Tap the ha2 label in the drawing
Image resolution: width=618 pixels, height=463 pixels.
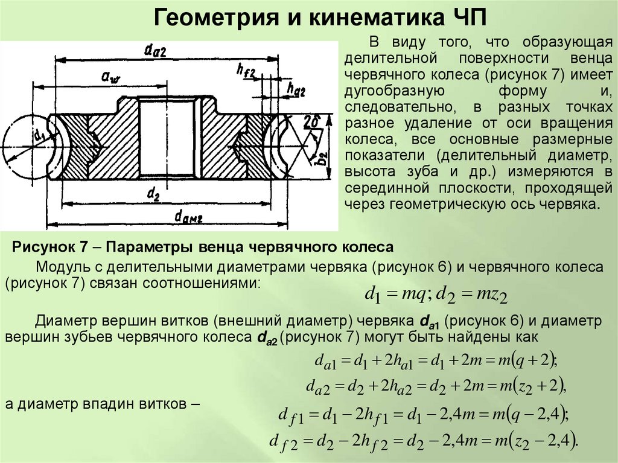296,90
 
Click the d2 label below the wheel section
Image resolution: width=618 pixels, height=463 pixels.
153,194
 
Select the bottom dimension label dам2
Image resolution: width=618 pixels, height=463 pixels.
188,216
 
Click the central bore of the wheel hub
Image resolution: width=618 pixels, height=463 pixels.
166,139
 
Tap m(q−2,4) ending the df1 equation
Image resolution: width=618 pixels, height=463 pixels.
530,415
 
